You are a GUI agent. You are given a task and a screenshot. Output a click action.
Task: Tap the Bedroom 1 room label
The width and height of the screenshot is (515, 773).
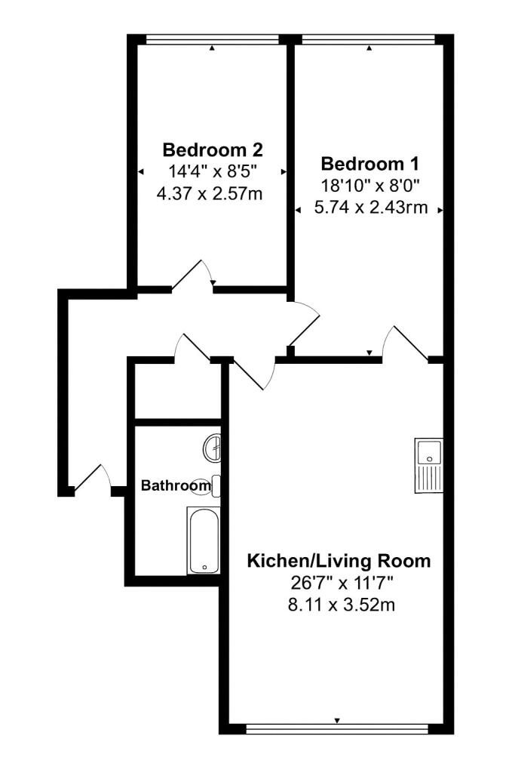(x=369, y=163)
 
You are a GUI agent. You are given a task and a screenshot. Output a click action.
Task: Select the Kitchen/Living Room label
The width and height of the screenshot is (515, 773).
(x=339, y=561)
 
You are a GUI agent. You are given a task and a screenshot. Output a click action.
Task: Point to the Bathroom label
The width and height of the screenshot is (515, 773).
(x=176, y=485)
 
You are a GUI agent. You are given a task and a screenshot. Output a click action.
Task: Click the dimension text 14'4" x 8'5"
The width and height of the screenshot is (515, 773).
(x=213, y=171)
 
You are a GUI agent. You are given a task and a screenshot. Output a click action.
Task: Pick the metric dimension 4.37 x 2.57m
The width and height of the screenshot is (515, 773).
(x=210, y=193)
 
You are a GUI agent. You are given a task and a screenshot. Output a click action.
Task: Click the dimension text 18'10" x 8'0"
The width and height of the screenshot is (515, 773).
(x=369, y=186)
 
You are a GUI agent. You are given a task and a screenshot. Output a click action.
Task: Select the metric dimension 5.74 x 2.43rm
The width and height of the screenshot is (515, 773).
(x=371, y=208)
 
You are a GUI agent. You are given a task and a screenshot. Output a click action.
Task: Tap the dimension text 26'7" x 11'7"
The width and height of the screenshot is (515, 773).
(x=341, y=584)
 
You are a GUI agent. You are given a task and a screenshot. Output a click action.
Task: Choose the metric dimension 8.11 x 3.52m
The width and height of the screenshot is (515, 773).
(x=342, y=605)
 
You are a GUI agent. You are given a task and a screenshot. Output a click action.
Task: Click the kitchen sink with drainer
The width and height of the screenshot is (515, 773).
(x=429, y=465)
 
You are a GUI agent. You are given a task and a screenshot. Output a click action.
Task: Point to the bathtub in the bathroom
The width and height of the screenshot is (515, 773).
(x=204, y=540)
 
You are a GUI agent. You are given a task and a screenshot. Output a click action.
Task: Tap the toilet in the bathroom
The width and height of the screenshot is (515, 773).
(x=210, y=486)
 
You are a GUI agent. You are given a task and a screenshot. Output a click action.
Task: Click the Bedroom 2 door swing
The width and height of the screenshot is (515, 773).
(x=193, y=273)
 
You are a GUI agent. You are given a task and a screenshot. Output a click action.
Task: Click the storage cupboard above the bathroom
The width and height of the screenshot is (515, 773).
(x=178, y=391)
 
